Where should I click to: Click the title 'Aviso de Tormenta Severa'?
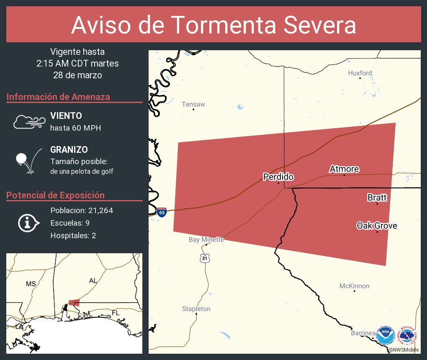213,25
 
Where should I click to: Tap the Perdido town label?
278,177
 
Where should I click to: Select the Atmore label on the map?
344,169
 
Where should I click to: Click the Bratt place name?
377,197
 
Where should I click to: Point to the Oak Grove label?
377,226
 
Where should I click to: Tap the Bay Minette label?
206,239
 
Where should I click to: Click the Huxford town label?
360,73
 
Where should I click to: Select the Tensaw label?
193,104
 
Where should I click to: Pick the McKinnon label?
354,286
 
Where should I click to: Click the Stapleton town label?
196,309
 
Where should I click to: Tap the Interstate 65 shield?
162,212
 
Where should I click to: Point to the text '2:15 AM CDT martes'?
77,64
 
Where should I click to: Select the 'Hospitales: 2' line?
73,236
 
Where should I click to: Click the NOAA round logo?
385,335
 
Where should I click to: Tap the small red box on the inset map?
74,302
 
